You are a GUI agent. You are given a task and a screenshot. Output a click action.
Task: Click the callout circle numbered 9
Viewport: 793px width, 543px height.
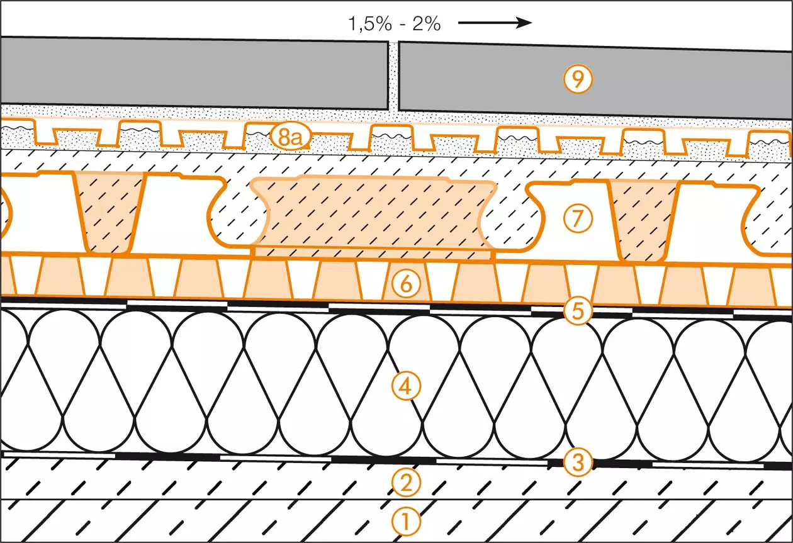point(577,79)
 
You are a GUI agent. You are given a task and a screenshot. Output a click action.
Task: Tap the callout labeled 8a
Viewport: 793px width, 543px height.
point(290,137)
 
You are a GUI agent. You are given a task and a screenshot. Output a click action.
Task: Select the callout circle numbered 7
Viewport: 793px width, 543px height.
point(577,218)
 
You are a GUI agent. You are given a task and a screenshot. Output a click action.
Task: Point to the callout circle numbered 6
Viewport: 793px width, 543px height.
point(406,284)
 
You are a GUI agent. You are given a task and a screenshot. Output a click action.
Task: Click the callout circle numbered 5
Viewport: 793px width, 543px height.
point(577,311)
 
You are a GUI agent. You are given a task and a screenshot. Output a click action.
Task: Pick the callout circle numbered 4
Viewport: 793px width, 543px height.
point(406,386)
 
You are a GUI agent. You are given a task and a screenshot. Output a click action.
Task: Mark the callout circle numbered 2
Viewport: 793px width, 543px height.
point(406,482)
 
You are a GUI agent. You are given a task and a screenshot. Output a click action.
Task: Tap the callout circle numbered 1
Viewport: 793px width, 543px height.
point(406,521)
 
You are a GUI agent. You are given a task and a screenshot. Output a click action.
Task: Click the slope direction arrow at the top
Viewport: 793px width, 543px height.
point(495,23)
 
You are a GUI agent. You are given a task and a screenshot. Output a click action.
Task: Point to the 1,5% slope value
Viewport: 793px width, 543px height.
point(370,25)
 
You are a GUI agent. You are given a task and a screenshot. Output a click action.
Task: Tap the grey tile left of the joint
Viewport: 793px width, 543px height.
point(194,72)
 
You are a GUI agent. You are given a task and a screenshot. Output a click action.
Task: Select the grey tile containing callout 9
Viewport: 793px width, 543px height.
point(595,81)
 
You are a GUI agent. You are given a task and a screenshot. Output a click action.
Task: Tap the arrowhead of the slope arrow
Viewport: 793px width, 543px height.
point(524,23)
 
